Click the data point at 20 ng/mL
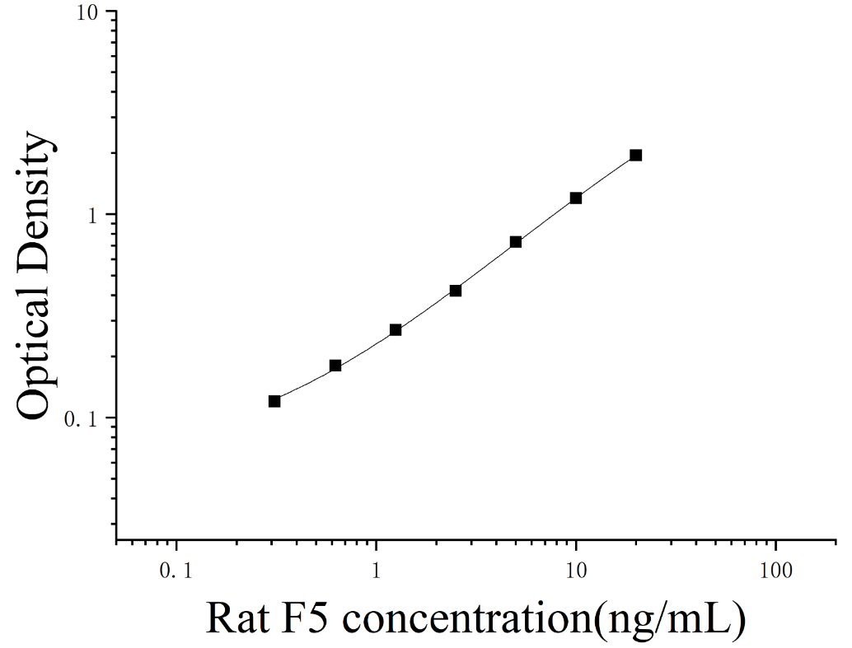[x=636, y=156]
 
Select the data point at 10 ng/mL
[x=576, y=198]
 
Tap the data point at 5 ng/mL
[x=516, y=242]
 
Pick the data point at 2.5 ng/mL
[x=456, y=291]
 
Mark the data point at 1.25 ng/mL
[x=396, y=329]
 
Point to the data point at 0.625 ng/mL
[x=335, y=366]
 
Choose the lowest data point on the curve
[x=274, y=402]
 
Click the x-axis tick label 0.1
[x=176, y=571]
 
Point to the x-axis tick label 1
[x=376, y=571]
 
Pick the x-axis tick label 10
[x=576, y=571]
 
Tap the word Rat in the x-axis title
[x=235, y=618]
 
